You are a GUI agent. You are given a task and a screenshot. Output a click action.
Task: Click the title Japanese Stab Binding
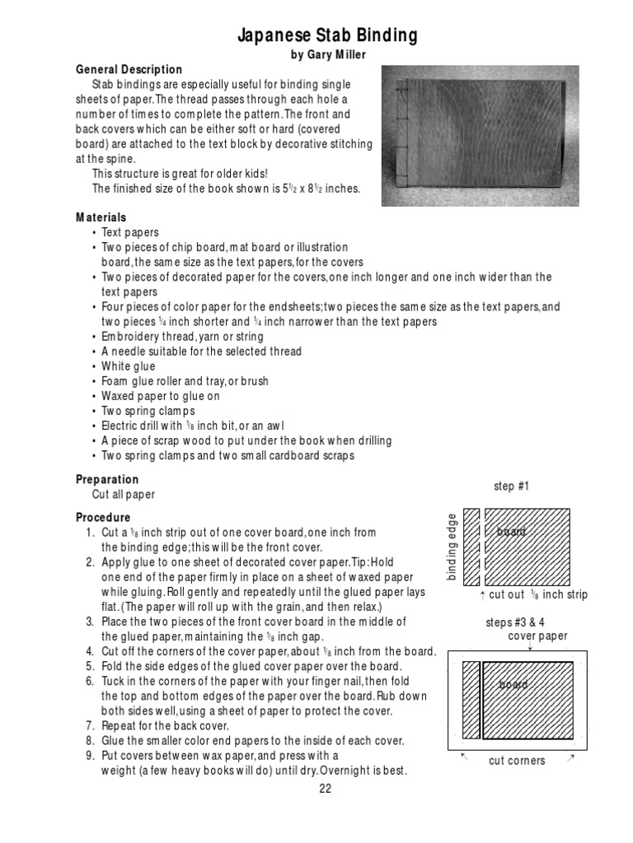327,35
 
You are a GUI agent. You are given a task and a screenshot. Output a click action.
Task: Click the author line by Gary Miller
327,54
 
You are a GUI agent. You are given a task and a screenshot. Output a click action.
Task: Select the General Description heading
129,69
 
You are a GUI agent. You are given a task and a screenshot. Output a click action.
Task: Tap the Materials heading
101,217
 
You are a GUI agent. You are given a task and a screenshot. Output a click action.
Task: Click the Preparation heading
107,479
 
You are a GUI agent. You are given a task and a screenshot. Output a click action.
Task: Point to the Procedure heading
103,517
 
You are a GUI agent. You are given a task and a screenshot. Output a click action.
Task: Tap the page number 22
325,789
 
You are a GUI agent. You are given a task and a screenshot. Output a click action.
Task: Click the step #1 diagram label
511,486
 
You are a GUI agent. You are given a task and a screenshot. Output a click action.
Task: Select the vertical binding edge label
452,546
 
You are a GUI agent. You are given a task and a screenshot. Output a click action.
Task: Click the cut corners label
517,761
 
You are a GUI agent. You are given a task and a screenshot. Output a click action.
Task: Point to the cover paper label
537,636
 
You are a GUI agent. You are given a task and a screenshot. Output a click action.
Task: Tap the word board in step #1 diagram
511,532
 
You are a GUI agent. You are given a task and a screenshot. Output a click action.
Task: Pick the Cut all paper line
124,495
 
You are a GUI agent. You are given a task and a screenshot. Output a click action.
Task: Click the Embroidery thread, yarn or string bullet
182,337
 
